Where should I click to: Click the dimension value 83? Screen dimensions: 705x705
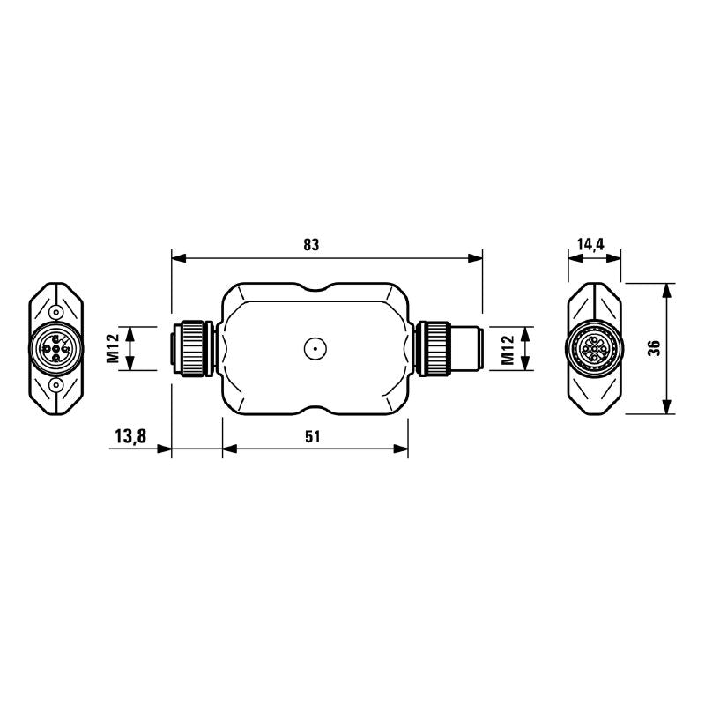pyautogui.click(x=310, y=245)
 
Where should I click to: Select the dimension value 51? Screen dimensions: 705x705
pyautogui.click(x=313, y=435)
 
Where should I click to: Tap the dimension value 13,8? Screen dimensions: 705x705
pyautogui.click(x=130, y=435)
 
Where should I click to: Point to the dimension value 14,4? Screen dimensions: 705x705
pyautogui.click(x=593, y=245)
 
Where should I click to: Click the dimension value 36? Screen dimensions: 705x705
pyautogui.click(x=653, y=348)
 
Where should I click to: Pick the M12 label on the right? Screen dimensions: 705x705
pyautogui.click(x=508, y=348)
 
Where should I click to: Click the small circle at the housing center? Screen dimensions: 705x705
pyautogui.click(x=314, y=349)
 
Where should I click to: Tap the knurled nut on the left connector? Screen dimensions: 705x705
pyautogui.click(x=192, y=349)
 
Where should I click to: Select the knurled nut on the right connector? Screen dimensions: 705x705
pyautogui.click(x=433, y=349)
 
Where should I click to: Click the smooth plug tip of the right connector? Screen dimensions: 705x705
pyautogui.click(x=466, y=349)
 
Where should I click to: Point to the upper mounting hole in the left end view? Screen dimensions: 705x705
pyautogui.click(x=56, y=312)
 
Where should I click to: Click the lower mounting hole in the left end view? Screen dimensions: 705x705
pyautogui.click(x=56, y=385)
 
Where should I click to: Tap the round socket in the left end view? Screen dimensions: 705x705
pyautogui.click(x=56, y=349)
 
